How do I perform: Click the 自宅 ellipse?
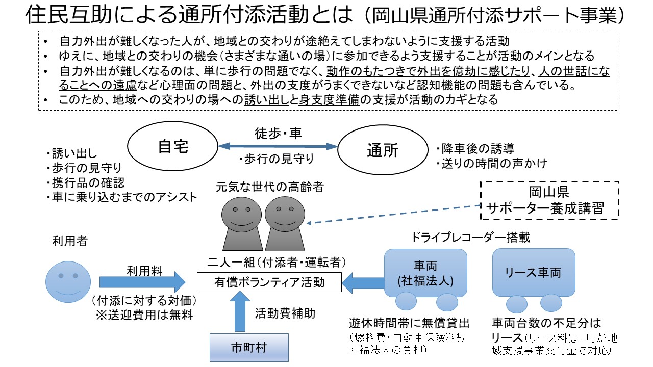pyautogui.click(x=173, y=147)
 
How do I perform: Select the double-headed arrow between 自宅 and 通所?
pyautogui.click(x=278, y=146)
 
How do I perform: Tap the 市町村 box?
pyautogui.click(x=249, y=348)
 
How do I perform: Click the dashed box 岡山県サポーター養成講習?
pyautogui.click(x=550, y=200)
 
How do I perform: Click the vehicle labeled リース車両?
pyautogui.click(x=534, y=273)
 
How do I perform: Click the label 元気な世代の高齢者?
pyautogui.click(x=270, y=187)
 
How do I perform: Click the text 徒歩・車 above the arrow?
pyautogui.click(x=278, y=134)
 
